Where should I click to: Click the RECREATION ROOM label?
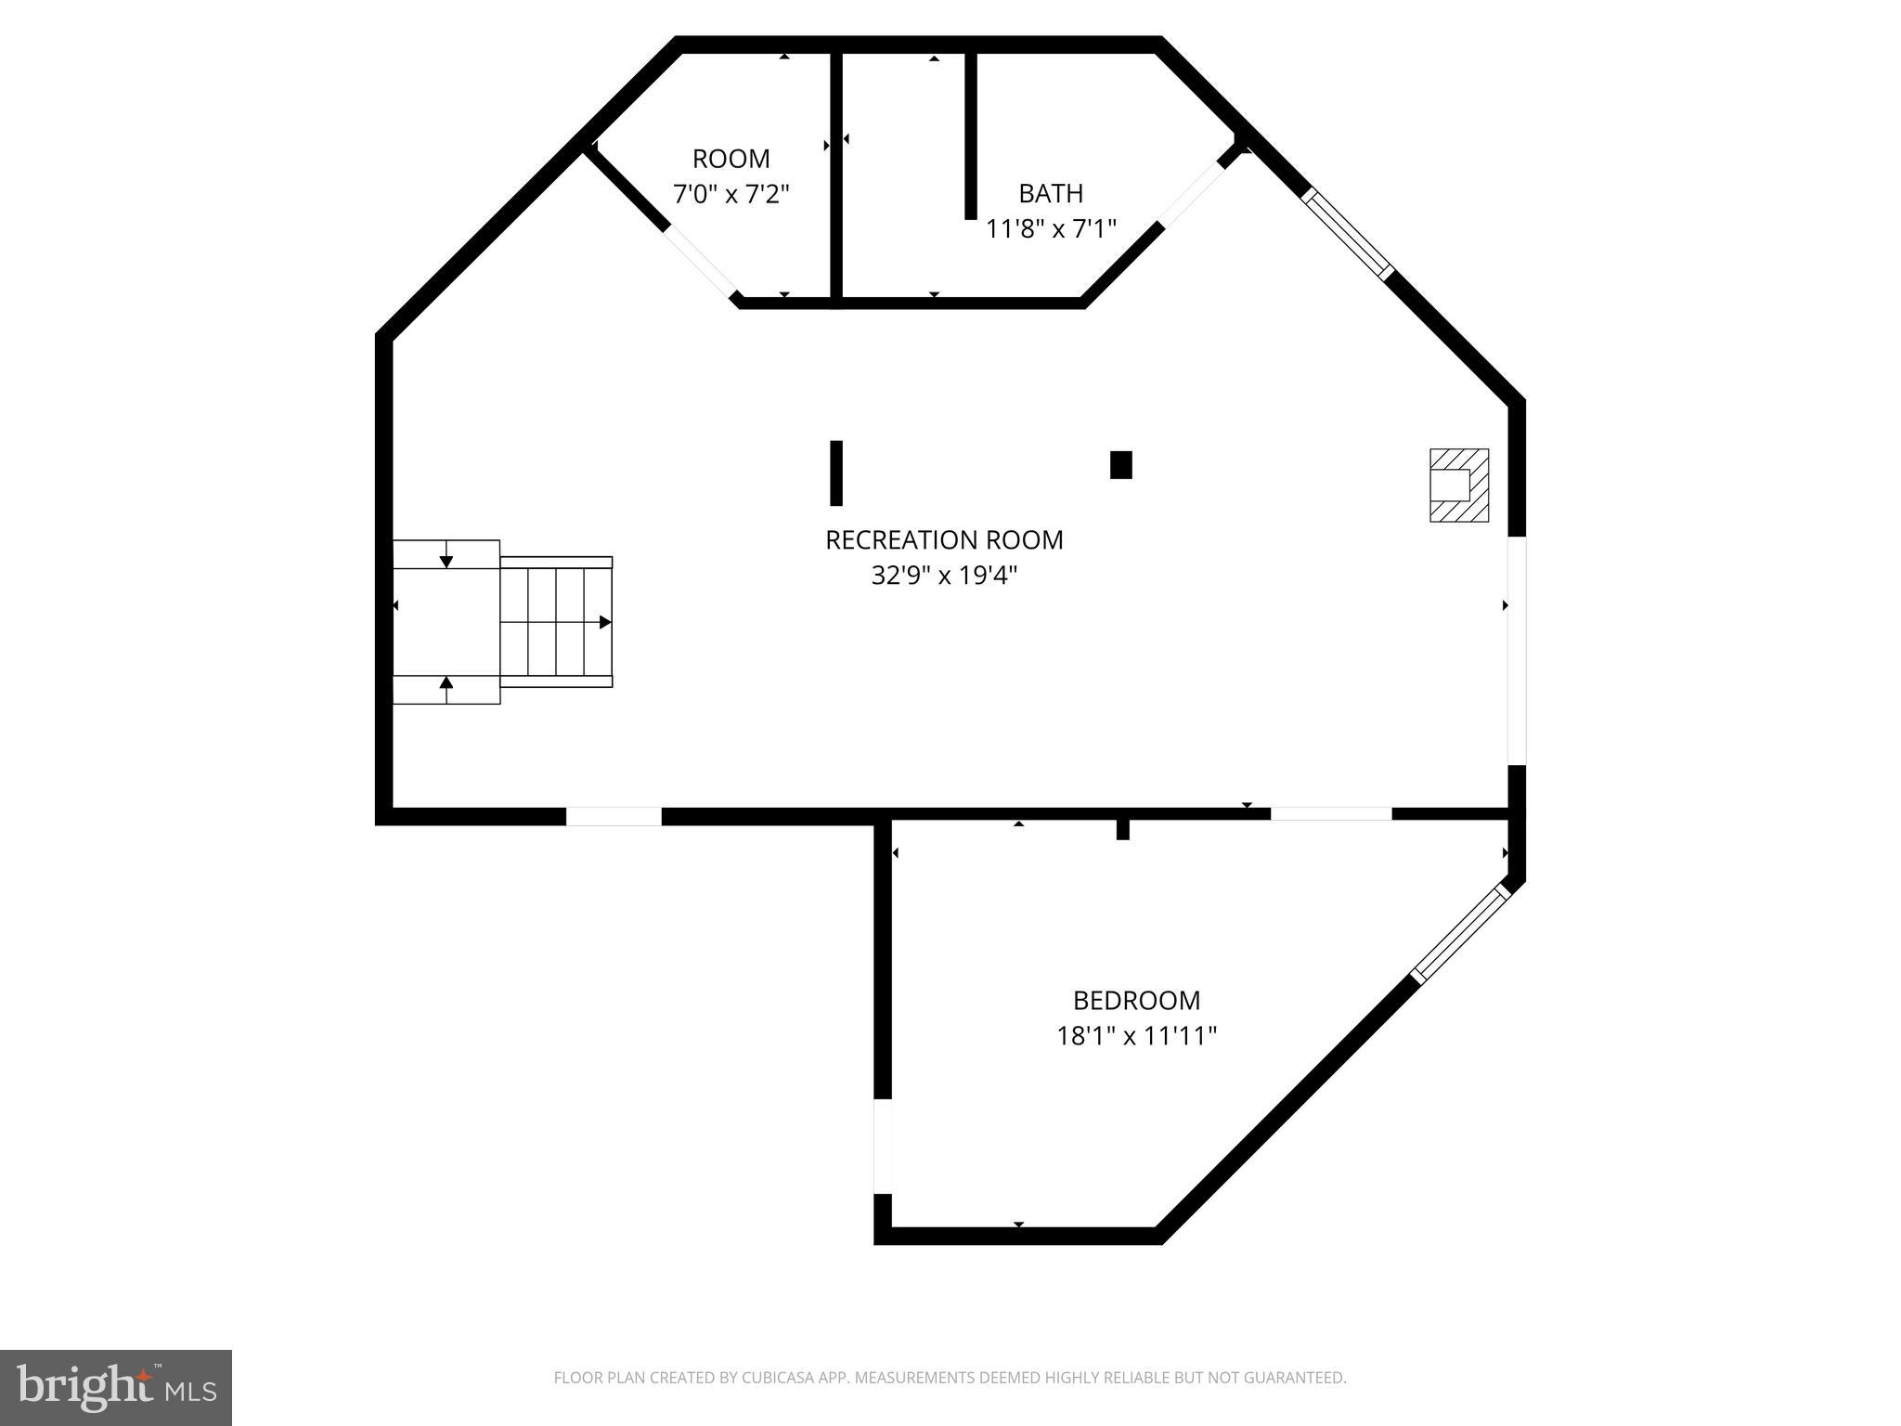pyautogui.click(x=944, y=539)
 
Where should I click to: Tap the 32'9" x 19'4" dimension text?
pyautogui.click(x=944, y=576)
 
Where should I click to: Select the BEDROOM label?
pyautogui.click(x=1136, y=1000)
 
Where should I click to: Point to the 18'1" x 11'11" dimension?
pyautogui.click(x=1136, y=1035)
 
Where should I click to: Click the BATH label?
pyautogui.click(x=1051, y=193)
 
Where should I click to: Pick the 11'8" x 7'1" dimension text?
pyautogui.click(x=1051, y=228)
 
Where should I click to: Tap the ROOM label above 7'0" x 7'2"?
pyautogui.click(x=731, y=159)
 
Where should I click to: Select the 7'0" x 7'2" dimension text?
pyautogui.click(x=731, y=194)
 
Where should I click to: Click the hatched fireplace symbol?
pyautogui.click(x=1459, y=485)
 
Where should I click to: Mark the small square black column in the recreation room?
pyautogui.click(x=1121, y=464)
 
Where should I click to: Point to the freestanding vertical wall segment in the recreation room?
pyautogui.click(x=836, y=473)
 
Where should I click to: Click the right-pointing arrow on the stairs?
pyautogui.click(x=605, y=622)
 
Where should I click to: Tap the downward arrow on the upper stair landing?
pyautogui.click(x=446, y=561)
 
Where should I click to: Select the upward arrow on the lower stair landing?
pyautogui.click(x=446, y=683)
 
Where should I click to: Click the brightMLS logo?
pyautogui.click(x=116, y=1387)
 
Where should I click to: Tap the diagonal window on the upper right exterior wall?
pyautogui.click(x=1349, y=234)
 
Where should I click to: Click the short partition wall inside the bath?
pyautogui.click(x=971, y=136)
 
